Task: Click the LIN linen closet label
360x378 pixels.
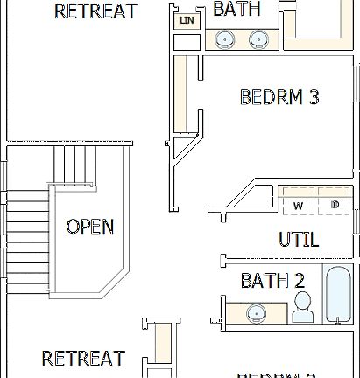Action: click(x=186, y=20)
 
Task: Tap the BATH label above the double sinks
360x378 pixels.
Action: click(x=236, y=9)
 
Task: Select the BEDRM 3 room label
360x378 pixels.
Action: click(x=279, y=96)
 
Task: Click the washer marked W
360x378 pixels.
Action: click(x=298, y=205)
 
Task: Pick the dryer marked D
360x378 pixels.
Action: click(x=335, y=205)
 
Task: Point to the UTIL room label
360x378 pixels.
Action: click(x=298, y=239)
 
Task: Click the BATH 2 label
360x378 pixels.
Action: click(x=272, y=281)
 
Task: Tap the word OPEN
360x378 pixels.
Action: click(x=89, y=227)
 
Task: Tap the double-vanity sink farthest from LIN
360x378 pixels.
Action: click(x=258, y=39)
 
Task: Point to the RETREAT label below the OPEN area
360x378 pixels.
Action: click(x=83, y=359)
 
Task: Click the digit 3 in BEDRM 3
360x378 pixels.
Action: click(x=313, y=96)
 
